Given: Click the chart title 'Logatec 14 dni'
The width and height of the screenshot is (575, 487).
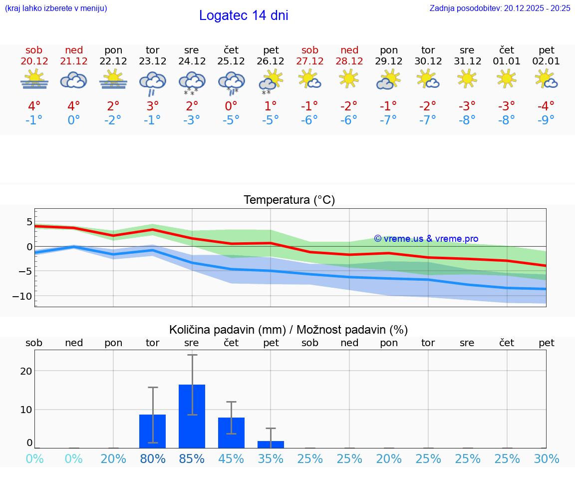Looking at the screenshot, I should (x=244, y=15).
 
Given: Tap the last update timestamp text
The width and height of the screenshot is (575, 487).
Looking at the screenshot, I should (x=500, y=8).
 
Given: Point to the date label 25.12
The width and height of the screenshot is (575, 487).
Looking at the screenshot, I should (x=231, y=61).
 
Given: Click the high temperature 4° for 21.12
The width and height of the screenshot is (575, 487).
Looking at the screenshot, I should (x=74, y=106).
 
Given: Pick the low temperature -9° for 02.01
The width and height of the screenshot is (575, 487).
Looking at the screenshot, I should (x=546, y=120).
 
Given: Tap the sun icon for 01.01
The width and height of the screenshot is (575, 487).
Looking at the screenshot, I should (x=507, y=78).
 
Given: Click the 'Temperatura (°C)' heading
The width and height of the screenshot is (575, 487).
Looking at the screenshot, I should (x=289, y=200).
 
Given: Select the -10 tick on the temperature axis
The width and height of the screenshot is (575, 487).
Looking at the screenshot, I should (x=22, y=296).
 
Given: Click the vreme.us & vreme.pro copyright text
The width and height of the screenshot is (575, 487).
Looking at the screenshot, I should (x=426, y=239).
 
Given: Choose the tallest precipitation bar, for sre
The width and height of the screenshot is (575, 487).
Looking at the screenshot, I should (x=192, y=416).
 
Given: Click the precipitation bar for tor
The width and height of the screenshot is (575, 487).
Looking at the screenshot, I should (x=152, y=431).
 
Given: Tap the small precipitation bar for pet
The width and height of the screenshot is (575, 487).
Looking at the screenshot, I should (x=271, y=445).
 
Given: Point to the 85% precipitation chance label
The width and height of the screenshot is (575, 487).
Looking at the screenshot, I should (x=192, y=459).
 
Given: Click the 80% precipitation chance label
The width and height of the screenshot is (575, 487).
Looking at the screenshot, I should (x=153, y=459).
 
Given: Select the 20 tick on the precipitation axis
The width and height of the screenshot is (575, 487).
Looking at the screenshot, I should (x=26, y=371).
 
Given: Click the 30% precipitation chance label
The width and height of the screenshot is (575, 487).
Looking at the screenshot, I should (x=546, y=459).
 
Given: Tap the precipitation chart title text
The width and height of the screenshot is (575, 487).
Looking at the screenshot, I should (x=288, y=330).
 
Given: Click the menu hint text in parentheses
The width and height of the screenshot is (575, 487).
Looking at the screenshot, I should (x=56, y=8).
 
